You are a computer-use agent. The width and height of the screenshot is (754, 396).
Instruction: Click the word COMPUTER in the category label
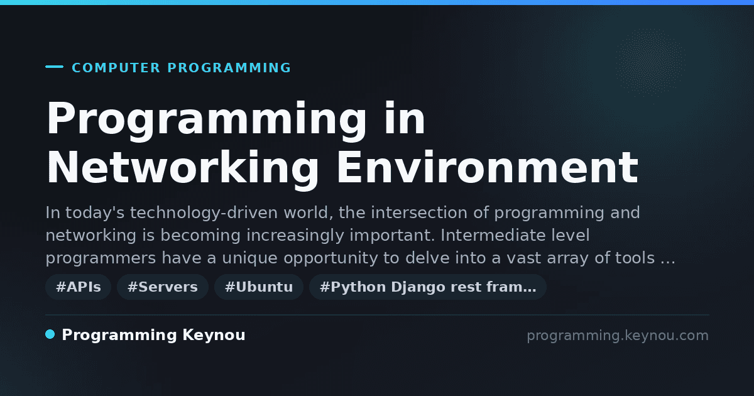click(x=116, y=68)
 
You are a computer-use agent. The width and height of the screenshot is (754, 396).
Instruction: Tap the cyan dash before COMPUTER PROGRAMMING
click(x=54, y=67)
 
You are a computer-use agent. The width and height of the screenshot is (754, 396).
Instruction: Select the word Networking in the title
click(x=182, y=168)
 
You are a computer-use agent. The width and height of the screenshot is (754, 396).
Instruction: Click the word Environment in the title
click(x=488, y=167)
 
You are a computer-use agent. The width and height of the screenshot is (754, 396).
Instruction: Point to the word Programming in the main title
click(x=206, y=119)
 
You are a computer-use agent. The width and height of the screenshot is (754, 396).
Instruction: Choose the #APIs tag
click(x=79, y=287)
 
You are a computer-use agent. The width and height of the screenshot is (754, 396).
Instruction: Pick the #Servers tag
click(x=163, y=287)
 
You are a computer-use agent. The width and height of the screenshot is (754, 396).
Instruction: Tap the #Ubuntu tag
click(x=259, y=287)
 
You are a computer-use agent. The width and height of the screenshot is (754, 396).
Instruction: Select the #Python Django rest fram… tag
click(x=428, y=287)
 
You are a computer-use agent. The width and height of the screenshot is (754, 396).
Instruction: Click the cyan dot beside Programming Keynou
click(x=50, y=334)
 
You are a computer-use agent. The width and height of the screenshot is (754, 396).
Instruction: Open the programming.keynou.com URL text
click(x=618, y=336)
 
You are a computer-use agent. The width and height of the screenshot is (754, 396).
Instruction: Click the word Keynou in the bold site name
click(x=214, y=336)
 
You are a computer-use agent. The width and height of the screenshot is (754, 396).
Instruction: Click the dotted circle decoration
click(x=650, y=63)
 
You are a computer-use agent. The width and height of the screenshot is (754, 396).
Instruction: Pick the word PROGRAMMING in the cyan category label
click(x=229, y=68)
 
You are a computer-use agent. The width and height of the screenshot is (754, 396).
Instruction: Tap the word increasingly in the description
click(x=295, y=236)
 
